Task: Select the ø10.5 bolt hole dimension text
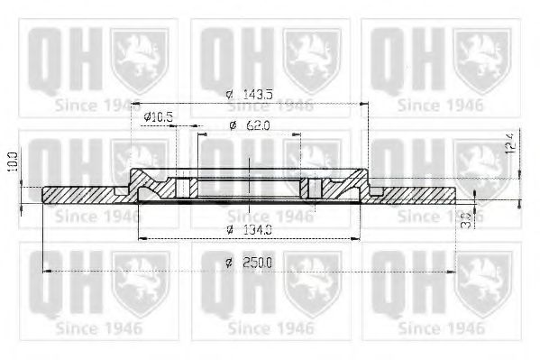(158, 116)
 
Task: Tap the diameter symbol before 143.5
(229, 95)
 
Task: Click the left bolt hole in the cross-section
(186, 188)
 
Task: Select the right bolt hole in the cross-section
(314, 188)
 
